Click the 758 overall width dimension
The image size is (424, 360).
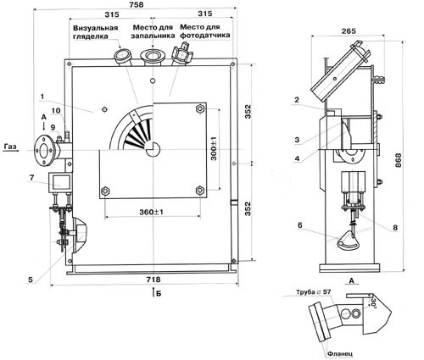[x=136, y=4]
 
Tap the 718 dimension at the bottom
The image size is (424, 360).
[x=153, y=280]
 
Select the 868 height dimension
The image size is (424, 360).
[x=398, y=160]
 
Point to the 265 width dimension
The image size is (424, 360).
[x=349, y=30]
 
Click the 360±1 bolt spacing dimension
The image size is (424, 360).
[x=151, y=212]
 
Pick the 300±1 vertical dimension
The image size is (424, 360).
[x=214, y=148]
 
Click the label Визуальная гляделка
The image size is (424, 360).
[x=95, y=32]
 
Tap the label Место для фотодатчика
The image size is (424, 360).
[x=205, y=31]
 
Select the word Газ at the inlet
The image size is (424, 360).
[x=10, y=147]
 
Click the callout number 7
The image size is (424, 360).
[x=31, y=178]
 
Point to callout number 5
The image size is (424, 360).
[x=31, y=280]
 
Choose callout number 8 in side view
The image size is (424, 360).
[x=395, y=228]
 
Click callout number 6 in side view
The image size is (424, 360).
[x=300, y=225]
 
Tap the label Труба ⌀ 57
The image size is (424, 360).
[x=314, y=292]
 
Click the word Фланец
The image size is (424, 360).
[x=340, y=353]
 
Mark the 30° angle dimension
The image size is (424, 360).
[x=373, y=302]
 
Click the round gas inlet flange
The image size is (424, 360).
[x=43, y=151]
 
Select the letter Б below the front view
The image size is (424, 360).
[x=159, y=294]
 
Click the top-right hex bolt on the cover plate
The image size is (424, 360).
[x=200, y=108]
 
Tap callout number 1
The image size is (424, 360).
[x=42, y=97]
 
